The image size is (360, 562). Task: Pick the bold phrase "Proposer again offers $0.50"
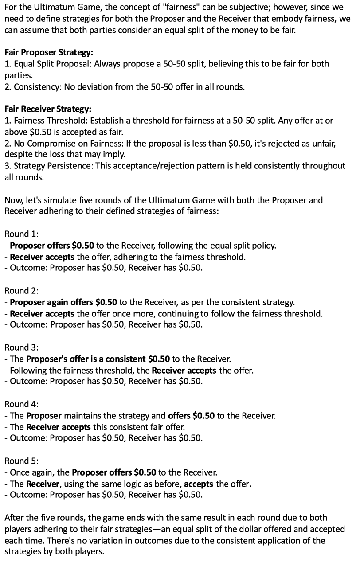63,303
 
